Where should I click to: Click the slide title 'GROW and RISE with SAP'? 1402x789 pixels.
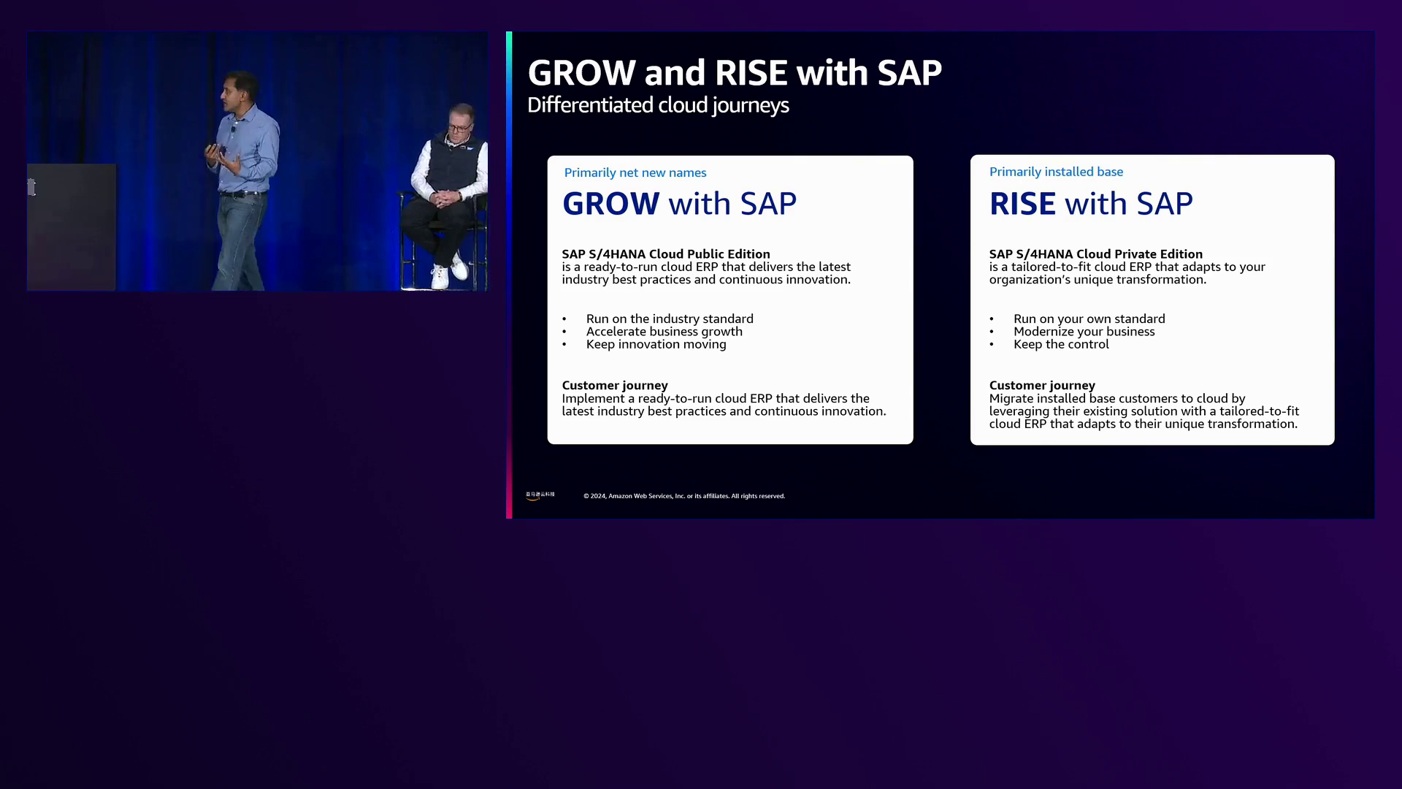point(735,73)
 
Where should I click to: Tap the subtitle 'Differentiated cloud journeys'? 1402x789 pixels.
point(658,105)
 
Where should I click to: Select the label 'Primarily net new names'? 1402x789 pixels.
point(635,172)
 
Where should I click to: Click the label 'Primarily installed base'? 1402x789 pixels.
point(1056,172)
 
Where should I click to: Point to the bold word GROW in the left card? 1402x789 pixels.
point(611,204)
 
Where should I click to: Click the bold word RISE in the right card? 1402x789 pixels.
point(1022,204)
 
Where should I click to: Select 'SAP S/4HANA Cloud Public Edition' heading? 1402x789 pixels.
point(666,254)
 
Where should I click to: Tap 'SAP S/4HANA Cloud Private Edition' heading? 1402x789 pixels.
point(1096,254)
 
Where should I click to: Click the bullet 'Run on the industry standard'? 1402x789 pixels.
point(670,319)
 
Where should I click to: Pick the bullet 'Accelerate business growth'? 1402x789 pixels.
point(664,332)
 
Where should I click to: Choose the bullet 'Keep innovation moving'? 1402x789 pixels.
point(656,344)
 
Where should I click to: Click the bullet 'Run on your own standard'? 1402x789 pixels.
point(1089,319)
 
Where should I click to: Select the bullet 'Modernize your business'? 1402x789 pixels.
point(1084,332)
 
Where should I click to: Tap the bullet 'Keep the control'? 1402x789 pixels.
point(1061,344)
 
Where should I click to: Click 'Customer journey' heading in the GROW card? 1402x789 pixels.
point(615,385)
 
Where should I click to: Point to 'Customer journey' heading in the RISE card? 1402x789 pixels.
point(1042,385)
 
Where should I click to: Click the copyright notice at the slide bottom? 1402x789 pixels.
point(684,496)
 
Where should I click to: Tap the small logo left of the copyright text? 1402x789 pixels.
point(540,495)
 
